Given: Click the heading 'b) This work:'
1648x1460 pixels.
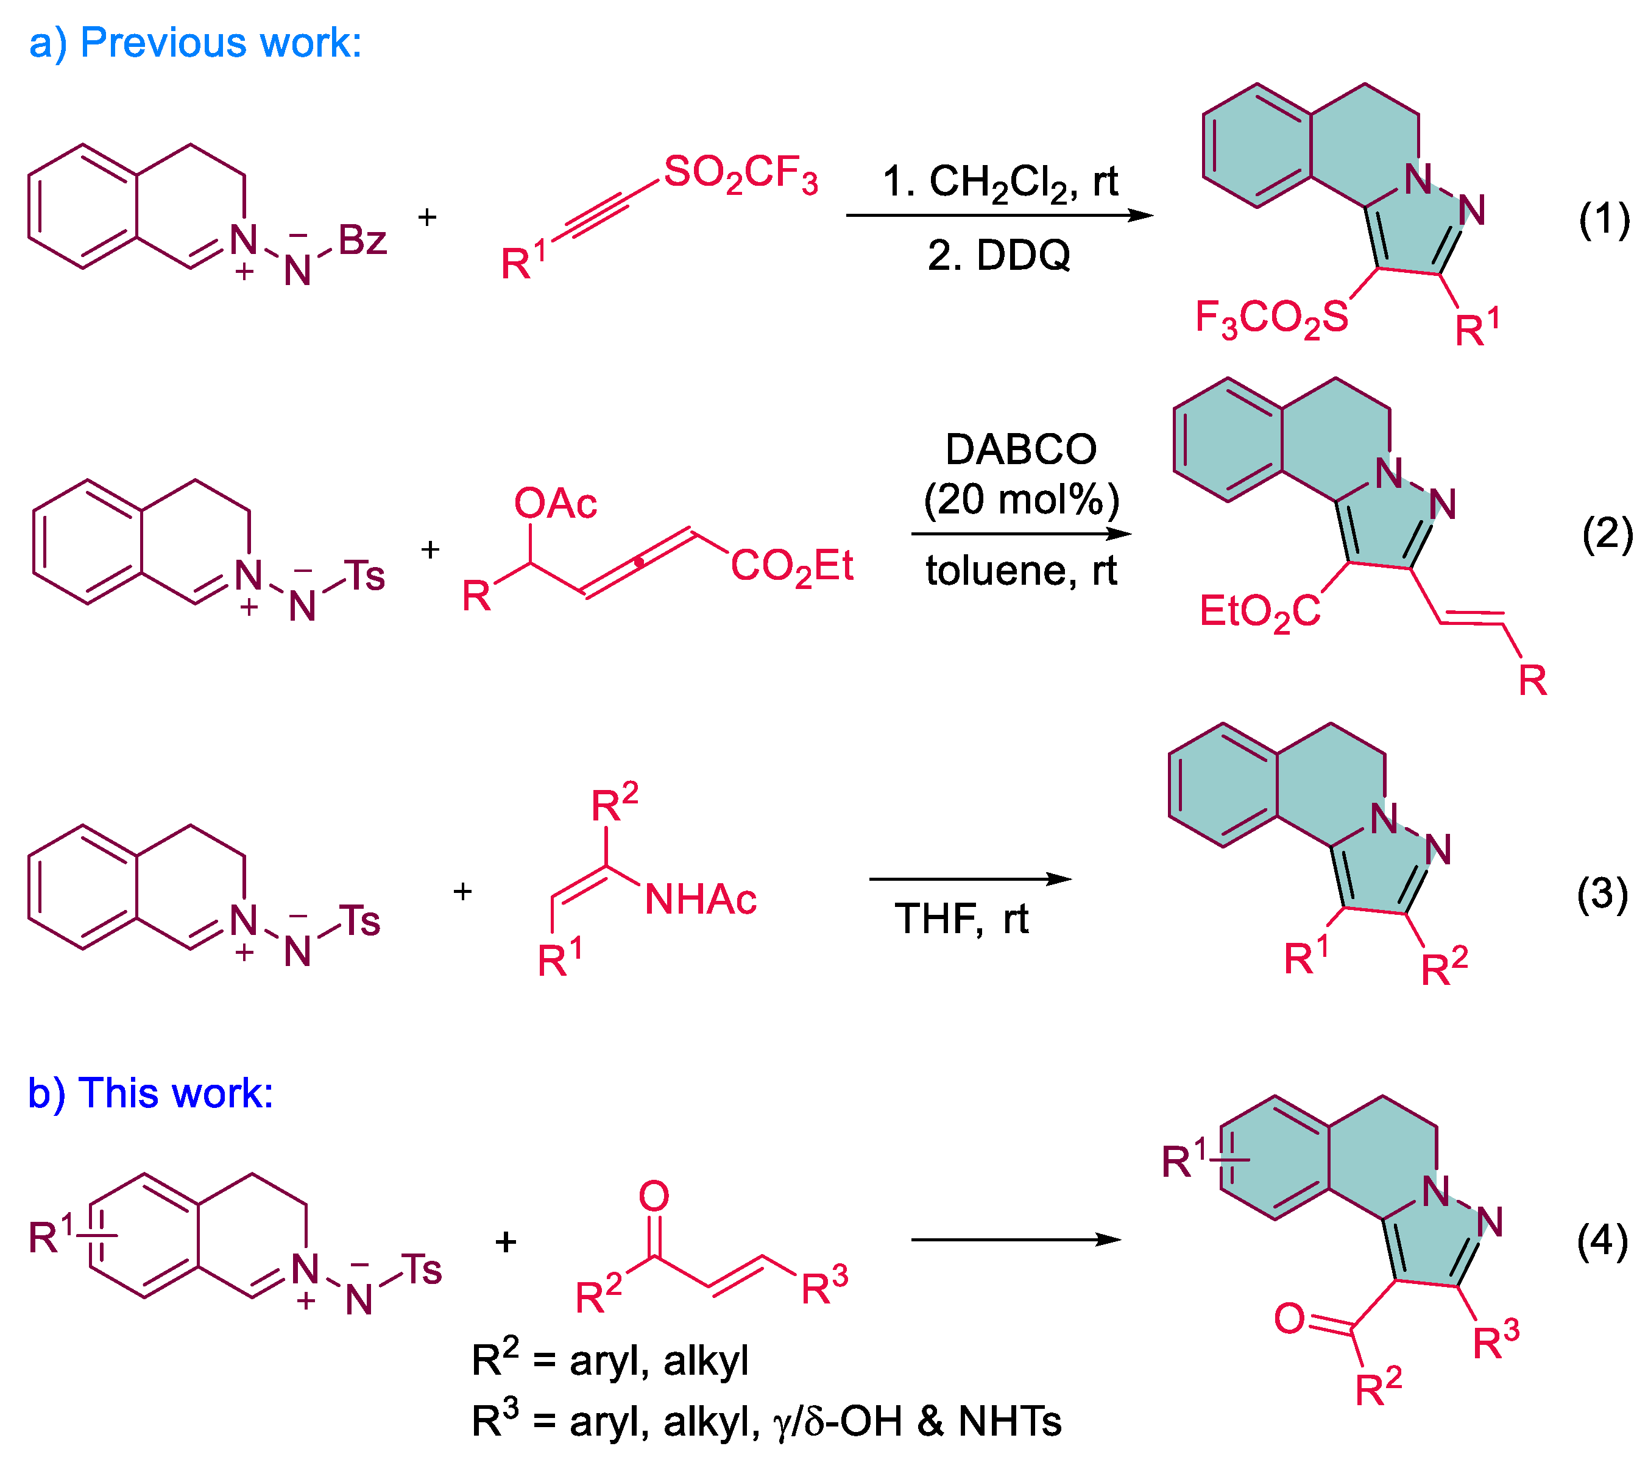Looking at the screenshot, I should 150,1093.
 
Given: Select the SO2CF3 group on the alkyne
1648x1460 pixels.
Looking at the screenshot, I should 740,174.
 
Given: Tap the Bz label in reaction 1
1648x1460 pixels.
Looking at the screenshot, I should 362,240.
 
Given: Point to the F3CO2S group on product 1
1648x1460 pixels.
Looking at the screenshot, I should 1271,317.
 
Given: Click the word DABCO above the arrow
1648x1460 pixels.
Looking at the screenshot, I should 1020,449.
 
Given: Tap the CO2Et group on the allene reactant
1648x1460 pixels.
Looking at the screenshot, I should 791,566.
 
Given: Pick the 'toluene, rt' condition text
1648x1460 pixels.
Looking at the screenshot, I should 1020,571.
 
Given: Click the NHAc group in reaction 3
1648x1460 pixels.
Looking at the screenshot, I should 700,900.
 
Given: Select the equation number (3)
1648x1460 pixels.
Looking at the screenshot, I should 1602,894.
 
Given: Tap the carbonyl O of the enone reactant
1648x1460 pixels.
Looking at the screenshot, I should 653,1196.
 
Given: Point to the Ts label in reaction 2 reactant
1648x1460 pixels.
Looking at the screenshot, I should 364,576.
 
